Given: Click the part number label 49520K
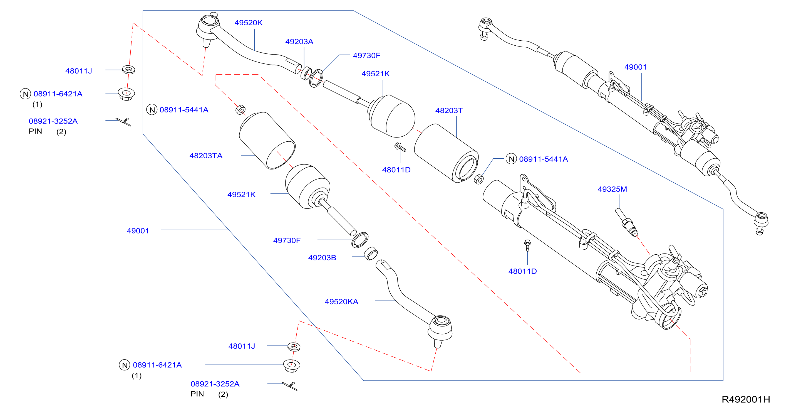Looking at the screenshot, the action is pos(249,23).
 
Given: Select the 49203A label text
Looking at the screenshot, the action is pos(299,42).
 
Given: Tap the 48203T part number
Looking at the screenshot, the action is pos(449,110).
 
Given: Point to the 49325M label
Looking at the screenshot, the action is pos(612,189).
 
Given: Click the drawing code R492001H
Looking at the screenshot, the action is pos(746,399).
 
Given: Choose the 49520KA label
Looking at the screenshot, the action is pos(341,302).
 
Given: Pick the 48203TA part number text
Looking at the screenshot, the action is pos(206,156).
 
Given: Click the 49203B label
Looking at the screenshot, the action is pos(322,258).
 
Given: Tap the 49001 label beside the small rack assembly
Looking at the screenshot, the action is pos(635,67).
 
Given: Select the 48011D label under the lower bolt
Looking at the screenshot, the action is pos(522,271).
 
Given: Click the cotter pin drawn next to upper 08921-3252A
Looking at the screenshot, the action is pos(124,122).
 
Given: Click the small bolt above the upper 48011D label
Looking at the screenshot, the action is pos(400,147).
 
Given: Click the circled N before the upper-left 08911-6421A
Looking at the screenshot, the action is pos(25,94).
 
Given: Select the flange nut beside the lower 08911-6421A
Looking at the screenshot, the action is pos(291,365).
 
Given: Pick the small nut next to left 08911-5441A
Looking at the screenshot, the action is pos(240,110).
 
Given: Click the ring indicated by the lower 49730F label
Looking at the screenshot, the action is pos(360,240).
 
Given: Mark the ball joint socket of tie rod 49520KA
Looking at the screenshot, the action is pos(440,327).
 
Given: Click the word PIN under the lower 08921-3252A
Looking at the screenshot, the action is pos(197,394).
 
